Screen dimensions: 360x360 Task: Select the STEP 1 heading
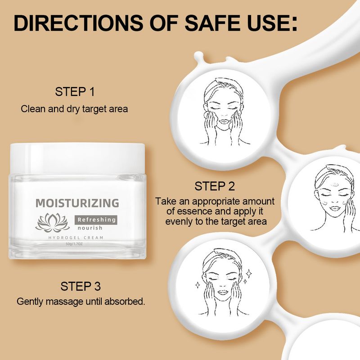(x=75, y=92)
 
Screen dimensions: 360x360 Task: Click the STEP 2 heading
(x=215, y=186)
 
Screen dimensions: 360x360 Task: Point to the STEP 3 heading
(x=81, y=286)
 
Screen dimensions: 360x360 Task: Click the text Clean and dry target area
(x=75, y=108)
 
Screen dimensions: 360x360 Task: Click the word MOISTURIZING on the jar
(x=77, y=202)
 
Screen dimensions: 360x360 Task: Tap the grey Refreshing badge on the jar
(x=95, y=219)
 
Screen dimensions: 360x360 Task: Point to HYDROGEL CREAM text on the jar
(x=77, y=237)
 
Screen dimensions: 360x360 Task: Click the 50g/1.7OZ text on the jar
(x=77, y=244)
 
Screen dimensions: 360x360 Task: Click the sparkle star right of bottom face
(x=248, y=273)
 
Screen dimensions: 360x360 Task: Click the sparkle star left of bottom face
(x=198, y=284)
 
